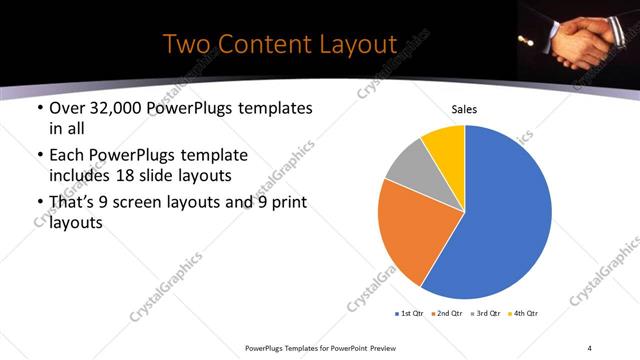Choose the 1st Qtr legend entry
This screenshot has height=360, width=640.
(411, 314)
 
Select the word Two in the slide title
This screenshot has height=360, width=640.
(186, 44)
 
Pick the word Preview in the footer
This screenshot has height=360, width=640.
(383, 348)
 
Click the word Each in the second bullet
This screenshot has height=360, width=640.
(66, 156)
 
